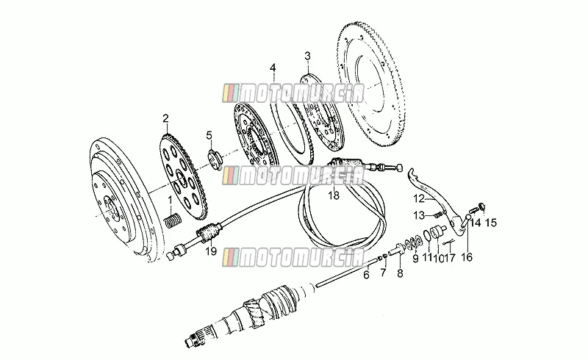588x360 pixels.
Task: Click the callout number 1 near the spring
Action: [x=170, y=201]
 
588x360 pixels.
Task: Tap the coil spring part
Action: [x=173, y=220]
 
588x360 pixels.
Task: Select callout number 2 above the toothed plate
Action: [x=165, y=119]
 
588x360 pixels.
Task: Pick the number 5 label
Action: [x=209, y=135]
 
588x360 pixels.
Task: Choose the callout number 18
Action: [x=334, y=195]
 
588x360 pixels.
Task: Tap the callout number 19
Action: [x=211, y=251]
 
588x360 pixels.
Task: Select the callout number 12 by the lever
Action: [x=419, y=198]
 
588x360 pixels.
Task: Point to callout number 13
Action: [x=419, y=215]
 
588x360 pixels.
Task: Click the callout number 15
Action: [x=490, y=223]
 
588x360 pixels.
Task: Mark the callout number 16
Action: [x=467, y=257]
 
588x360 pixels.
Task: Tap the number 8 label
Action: [x=400, y=273]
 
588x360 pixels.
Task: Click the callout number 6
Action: [x=366, y=275]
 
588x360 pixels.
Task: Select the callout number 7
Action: [x=383, y=273]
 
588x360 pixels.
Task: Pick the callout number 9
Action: [x=415, y=259]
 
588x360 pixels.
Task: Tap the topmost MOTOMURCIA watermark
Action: [x=293, y=94]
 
